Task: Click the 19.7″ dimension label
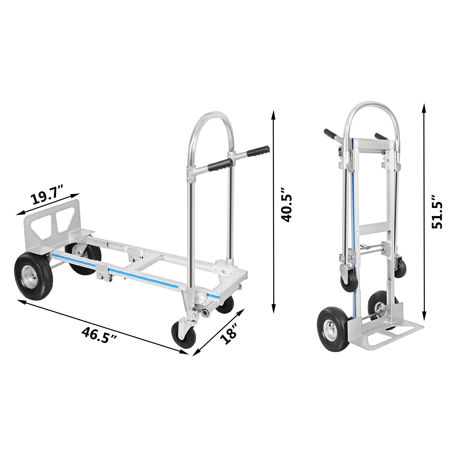47,195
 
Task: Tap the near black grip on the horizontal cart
220,165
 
